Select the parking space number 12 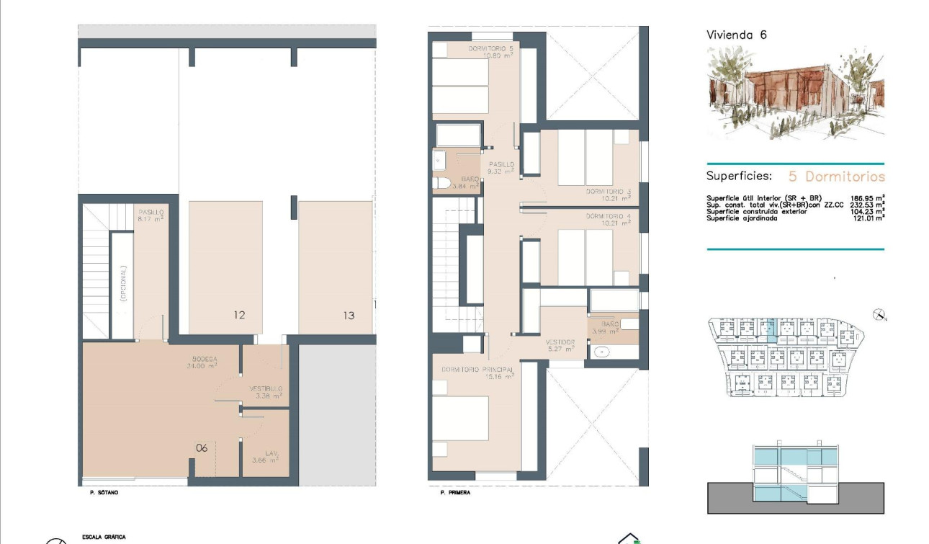click(x=239, y=315)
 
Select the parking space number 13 click(x=349, y=315)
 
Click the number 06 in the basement click(x=202, y=447)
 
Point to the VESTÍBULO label click(x=266, y=389)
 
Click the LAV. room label click(x=271, y=453)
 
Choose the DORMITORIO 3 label click(x=608, y=192)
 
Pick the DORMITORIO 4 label click(x=608, y=216)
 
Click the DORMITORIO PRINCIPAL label click(x=477, y=370)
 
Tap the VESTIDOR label click(x=560, y=342)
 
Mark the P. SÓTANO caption click(x=99, y=493)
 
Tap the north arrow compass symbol click(x=879, y=314)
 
